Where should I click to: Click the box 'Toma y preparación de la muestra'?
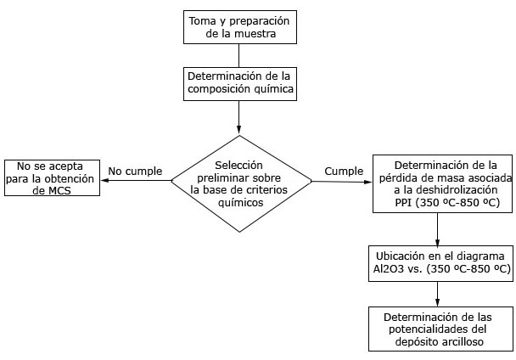(240, 26)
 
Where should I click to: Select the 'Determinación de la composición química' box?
(240, 82)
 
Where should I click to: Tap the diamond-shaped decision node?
(239, 182)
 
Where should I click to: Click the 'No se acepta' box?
(52, 177)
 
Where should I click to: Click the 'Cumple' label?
(344, 170)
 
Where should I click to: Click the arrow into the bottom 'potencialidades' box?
(437, 292)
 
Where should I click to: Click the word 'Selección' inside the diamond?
(238, 164)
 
